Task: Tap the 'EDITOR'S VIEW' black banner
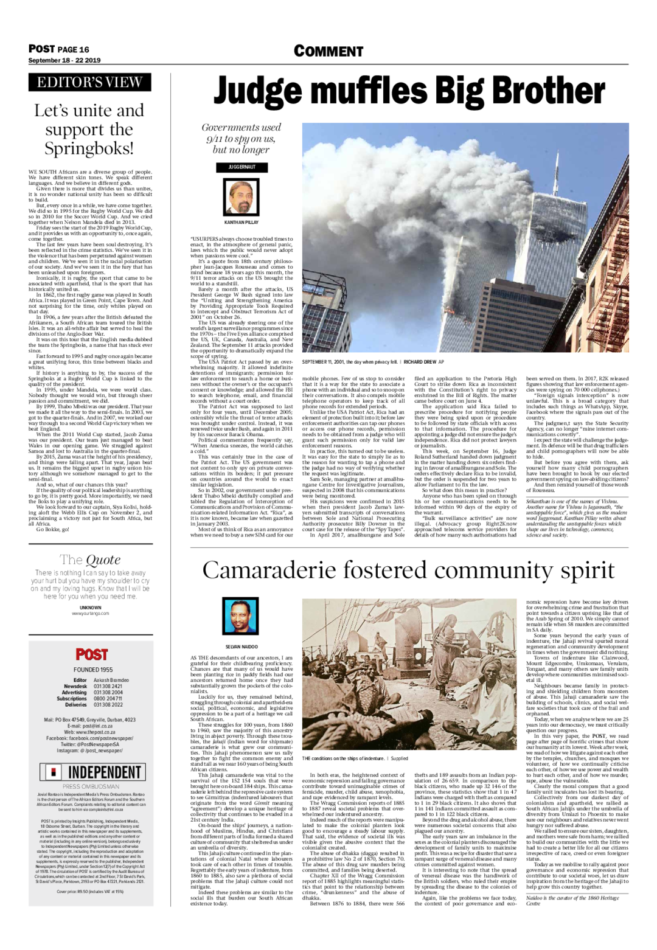pyautogui.click(x=89, y=83)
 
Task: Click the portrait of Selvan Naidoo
pyautogui.click(x=242, y=617)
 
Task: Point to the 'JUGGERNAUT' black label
pyautogui.click(x=242, y=167)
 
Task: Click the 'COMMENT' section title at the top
pyautogui.click(x=328, y=52)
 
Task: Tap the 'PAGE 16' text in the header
pyautogui.click(x=74, y=49)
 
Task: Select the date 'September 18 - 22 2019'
pyautogui.click(x=64, y=60)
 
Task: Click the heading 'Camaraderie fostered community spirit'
pyautogui.click(x=408, y=570)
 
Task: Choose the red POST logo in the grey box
pyautogui.click(x=91, y=654)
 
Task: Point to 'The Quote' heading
pyautogui.click(x=90, y=560)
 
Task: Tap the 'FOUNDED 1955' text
pyautogui.click(x=91, y=670)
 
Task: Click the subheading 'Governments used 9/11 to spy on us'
pyautogui.click(x=242, y=139)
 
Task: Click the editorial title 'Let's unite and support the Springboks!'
pyautogui.click(x=89, y=130)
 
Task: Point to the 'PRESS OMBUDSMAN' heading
pyautogui.click(x=91, y=786)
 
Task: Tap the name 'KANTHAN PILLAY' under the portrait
pyautogui.click(x=242, y=223)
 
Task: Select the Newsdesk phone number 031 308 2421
pyautogui.click(x=108, y=686)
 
